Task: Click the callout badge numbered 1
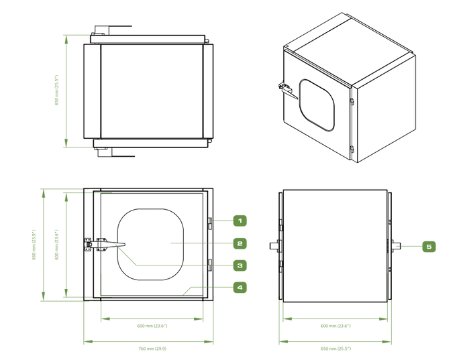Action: pyautogui.click(x=240, y=220)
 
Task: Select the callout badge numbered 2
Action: pyautogui.click(x=240, y=243)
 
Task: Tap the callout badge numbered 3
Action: pyautogui.click(x=240, y=265)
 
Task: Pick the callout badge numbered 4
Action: pyautogui.click(x=240, y=288)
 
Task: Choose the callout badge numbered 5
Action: pyautogui.click(x=429, y=247)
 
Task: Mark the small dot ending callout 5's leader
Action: pyautogui.click(x=397, y=247)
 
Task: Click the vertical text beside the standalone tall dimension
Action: pyautogui.click(x=56, y=90)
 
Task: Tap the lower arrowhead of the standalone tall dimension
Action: pyautogui.click(x=66, y=141)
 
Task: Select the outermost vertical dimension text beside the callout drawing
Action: pyautogui.click(x=34, y=244)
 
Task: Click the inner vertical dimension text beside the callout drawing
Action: pyautogui.click(x=56, y=244)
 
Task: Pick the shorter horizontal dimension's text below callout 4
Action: pyautogui.click(x=152, y=326)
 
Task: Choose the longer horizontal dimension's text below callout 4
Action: pyautogui.click(x=152, y=349)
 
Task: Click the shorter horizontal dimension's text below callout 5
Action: pyautogui.click(x=335, y=326)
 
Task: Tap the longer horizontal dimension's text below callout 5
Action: pyautogui.click(x=335, y=349)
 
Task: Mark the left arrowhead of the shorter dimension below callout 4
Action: pyautogui.click(x=105, y=319)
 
